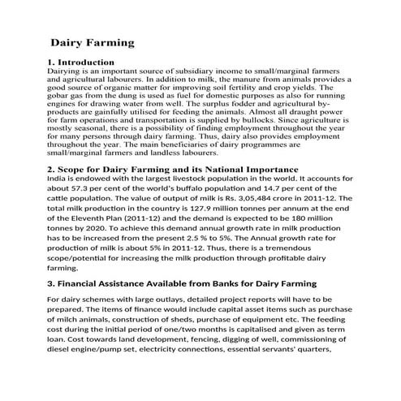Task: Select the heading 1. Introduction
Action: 80,62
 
